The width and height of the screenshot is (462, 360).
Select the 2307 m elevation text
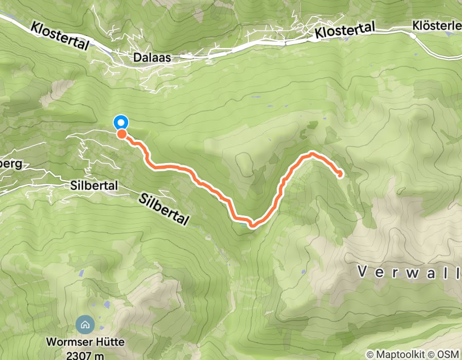tap(84, 355)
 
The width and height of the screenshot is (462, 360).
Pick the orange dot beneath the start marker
tap(122, 134)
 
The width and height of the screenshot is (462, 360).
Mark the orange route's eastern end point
tap(340, 174)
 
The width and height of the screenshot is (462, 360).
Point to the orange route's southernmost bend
tap(252, 224)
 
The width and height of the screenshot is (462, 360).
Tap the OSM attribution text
tap(446, 354)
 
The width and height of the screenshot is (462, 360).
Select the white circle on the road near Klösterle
tap(413, 36)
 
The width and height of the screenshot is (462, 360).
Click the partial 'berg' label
tap(10, 165)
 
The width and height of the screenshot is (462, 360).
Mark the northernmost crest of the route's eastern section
tap(312, 154)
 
